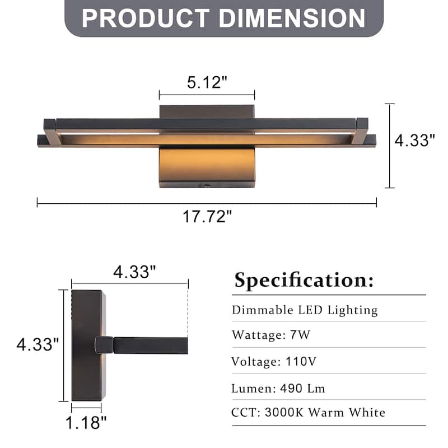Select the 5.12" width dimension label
pyautogui.click(x=207, y=82)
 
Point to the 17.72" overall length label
pyautogui.click(x=207, y=216)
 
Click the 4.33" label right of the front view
pyautogui.click(x=415, y=140)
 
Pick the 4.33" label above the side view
pyautogui.click(x=134, y=272)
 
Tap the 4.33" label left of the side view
pyautogui.click(x=38, y=344)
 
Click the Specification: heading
pyautogui.click(x=304, y=279)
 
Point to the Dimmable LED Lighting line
pyautogui.click(x=305, y=310)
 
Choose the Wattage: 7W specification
pyautogui.click(x=271, y=335)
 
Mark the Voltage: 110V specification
pyautogui.click(x=274, y=361)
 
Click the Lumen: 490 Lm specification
pyautogui.click(x=278, y=388)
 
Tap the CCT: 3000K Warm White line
pyautogui.click(x=309, y=413)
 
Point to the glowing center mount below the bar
pyautogui.click(x=207, y=165)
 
